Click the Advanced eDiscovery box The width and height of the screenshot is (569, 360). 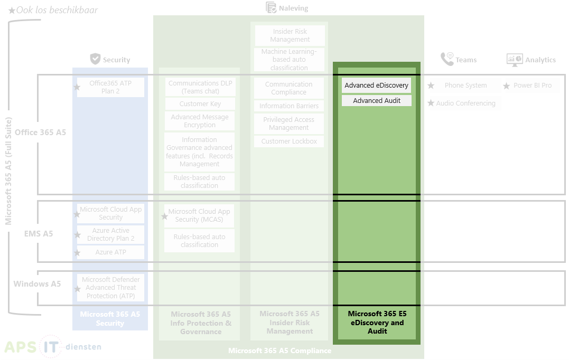[x=376, y=86]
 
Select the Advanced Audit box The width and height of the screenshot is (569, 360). [x=376, y=100]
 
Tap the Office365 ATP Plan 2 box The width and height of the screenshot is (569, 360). [x=110, y=87]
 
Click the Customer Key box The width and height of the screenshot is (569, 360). [x=200, y=104]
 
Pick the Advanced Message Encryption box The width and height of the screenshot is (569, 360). [x=200, y=121]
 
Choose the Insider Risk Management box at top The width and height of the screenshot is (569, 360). [x=290, y=35]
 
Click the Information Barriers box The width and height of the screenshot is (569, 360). [x=289, y=106]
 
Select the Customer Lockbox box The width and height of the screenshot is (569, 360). [x=289, y=141]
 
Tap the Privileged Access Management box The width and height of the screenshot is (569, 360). [x=289, y=124]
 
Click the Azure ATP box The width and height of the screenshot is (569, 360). [x=110, y=252]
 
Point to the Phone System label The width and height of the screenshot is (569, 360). [x=465, y=86]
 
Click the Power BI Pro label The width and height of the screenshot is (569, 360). [x=533, y=86]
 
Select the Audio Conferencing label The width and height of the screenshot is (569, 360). [x=465, y=103]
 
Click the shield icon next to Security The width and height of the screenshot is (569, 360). [x=95, y=59]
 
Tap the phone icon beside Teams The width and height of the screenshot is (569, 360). [x=447, y=59]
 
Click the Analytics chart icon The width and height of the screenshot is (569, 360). [x=514, y=59]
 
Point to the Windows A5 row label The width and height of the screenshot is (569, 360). [x=37, y=284]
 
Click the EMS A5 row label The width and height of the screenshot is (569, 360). [x=39, y=233]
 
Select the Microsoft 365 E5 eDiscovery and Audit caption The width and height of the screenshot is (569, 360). [x=377, y=323]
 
